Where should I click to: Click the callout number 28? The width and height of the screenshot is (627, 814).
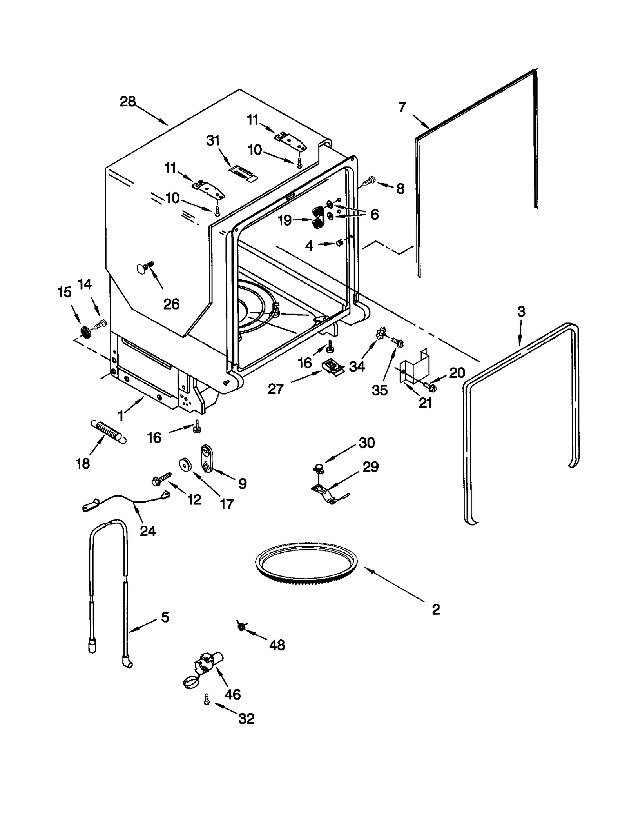[x=127, y=102]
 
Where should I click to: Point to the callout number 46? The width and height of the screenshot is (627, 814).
[x=232, y=694]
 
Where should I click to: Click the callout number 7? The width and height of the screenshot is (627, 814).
[x=402, y=107]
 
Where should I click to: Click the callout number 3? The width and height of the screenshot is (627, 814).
[x=521, y=311]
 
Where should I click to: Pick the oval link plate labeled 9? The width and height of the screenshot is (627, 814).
[x=206, y=457]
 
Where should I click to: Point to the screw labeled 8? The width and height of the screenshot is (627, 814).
[x=368, y=182]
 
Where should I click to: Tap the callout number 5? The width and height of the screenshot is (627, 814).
[x=165, y=617]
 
